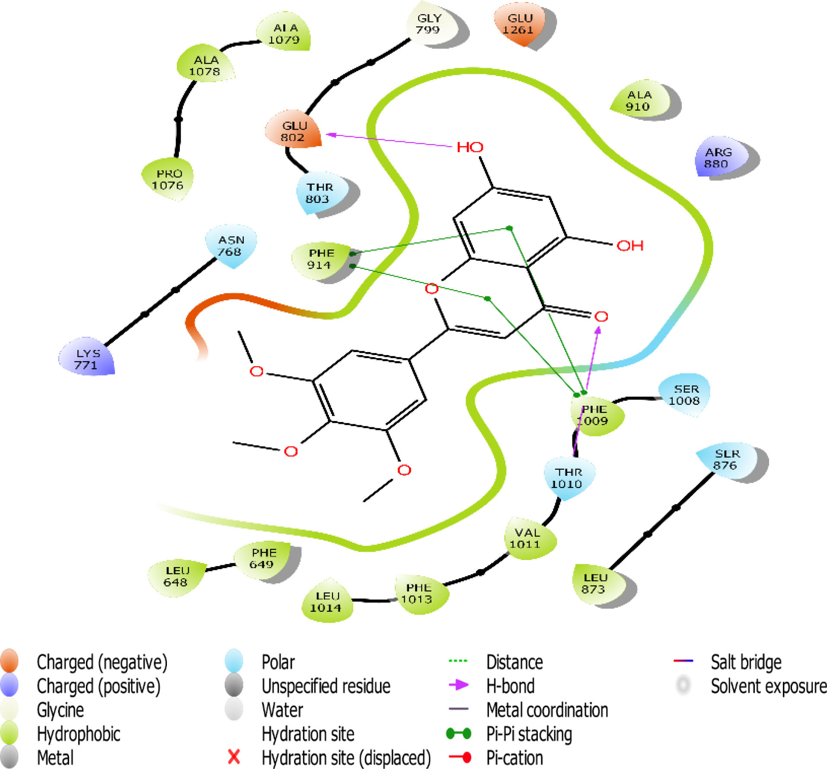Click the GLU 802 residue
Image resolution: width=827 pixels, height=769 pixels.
[x=294, y=131]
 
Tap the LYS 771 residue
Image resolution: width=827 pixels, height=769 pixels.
[x=87, y=359]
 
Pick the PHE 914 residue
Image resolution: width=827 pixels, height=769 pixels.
[x=320, y=259]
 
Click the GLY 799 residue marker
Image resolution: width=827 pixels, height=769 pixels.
[x=428, y=24]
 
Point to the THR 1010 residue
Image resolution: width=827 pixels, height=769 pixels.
[x=568, y=477]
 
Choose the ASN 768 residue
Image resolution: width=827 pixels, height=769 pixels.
[x=230, y=246]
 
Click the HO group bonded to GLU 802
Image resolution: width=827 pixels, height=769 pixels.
[x=470, y=147]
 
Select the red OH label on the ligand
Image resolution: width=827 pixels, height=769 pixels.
[x=630, y=246]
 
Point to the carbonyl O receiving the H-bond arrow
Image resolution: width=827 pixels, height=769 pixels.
[x=601, y=317]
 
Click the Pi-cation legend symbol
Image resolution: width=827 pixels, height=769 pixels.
[x=460, y=757]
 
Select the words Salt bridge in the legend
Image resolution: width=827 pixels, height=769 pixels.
[x=746, y=662]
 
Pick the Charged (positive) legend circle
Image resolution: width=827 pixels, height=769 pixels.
[x=10, y=686]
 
